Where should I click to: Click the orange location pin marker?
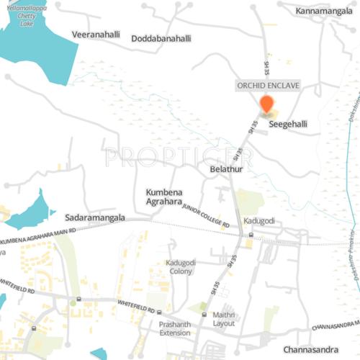pyautogui.click(x=266, y=104)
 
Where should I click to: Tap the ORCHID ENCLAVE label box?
pyautogui.click(x=268, y=85)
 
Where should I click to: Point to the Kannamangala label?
pyautogui.click(x=324, y=12)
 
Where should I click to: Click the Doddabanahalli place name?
pyautogui.click(x=161, y=38)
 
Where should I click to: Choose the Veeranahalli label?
pyautogui.click(x=96, y=35)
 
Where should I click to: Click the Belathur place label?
pyautogui.click(x=227, y=168)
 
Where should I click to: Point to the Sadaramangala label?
pyautogui.click(x=95, y=217)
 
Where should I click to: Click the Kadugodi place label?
pyautogui.click(x=258, y=220)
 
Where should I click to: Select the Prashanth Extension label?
pyautogui.click(x=175, y=328)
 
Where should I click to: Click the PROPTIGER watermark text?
pyautogui.click(x=179, y=156)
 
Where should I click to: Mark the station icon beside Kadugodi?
pyautogui.click(x=250, y=235)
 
